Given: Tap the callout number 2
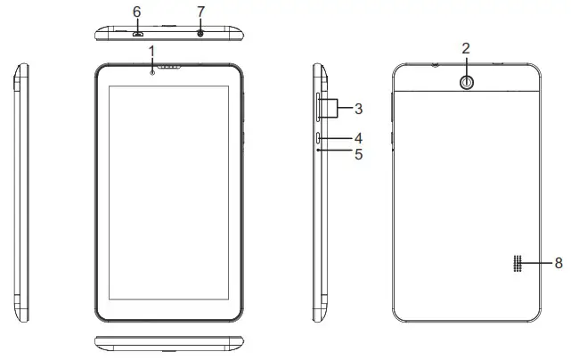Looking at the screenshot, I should click(x=466, y=47).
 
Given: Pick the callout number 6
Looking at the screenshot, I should click(x=136, y=12).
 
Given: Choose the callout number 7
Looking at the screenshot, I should click(x=200, y=12).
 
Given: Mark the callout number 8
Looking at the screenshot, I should click(x=559, y=263).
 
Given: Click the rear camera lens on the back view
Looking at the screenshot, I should click(x=466, y=80).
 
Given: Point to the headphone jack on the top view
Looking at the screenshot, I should click(x=200, y=33).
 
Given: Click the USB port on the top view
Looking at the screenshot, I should click(x=138, y=34).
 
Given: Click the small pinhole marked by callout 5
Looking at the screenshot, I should click(x=319, y=151).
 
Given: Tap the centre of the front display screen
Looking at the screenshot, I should click(x=167, y=191).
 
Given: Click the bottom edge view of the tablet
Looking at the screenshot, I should click(x=169, y=344).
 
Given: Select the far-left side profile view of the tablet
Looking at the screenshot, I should click(x=22, y=191).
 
